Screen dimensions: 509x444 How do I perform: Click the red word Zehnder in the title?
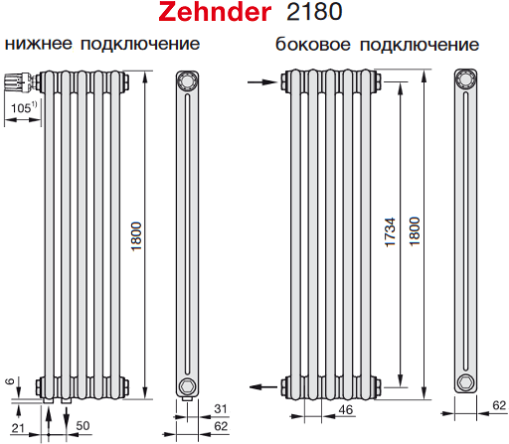[x=215, y=12]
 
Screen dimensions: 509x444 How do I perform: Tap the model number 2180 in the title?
[x=314, y=12]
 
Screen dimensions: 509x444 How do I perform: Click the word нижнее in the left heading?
[x=38, y=44]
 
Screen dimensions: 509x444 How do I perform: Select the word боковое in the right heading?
[x=312, y=44]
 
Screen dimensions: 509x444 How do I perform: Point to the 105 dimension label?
[x=24, y=107]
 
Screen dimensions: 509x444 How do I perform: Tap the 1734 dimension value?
[x=390, y=231]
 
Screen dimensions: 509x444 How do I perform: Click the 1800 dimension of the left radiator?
[x=136, y=236]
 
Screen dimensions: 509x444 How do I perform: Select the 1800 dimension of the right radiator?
[x=415, y=231]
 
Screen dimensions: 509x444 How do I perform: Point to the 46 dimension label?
[x=346, y=410]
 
